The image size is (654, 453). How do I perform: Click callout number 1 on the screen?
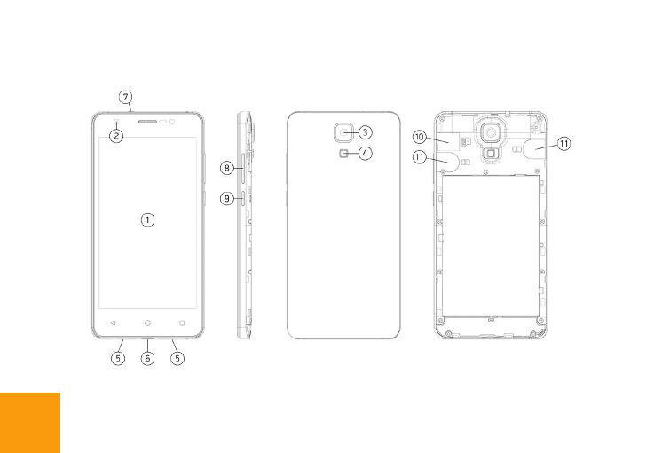pos(147,220)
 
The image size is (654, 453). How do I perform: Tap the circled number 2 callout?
pos(117,136)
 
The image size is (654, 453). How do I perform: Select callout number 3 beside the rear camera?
pos(365,132)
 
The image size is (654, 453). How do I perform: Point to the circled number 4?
pos(365,154)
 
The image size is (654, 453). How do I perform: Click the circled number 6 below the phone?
pos(147,358)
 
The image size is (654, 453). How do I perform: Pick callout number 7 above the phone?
pos(125,97)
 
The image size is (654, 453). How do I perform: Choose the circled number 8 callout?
pos(227,168)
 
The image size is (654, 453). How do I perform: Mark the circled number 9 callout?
pos(227,198)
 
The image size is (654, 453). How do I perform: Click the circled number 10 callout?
pos(420,137)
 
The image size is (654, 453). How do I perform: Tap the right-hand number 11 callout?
pos(563,144)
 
